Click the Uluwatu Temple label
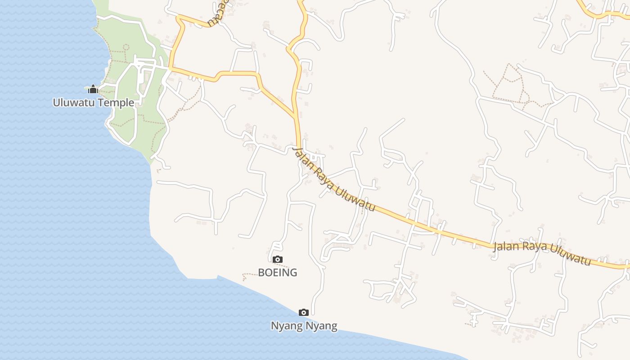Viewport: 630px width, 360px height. [93, 103]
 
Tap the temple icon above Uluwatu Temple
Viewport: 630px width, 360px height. [93, 89]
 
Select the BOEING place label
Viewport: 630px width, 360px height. [277, 272]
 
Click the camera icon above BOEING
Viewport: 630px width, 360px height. [277, 259]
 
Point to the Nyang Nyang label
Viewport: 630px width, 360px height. [304, 325]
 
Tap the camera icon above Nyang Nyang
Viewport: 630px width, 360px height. [304, 312]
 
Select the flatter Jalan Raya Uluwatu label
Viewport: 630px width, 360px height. [542, 253]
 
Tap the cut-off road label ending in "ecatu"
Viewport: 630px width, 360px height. [216, 16]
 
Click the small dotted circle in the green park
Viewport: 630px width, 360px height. [126, 47]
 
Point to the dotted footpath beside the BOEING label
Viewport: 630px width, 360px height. [250, 274]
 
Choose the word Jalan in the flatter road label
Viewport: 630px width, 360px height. [506, 247]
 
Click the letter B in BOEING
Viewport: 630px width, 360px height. [261, 272]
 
